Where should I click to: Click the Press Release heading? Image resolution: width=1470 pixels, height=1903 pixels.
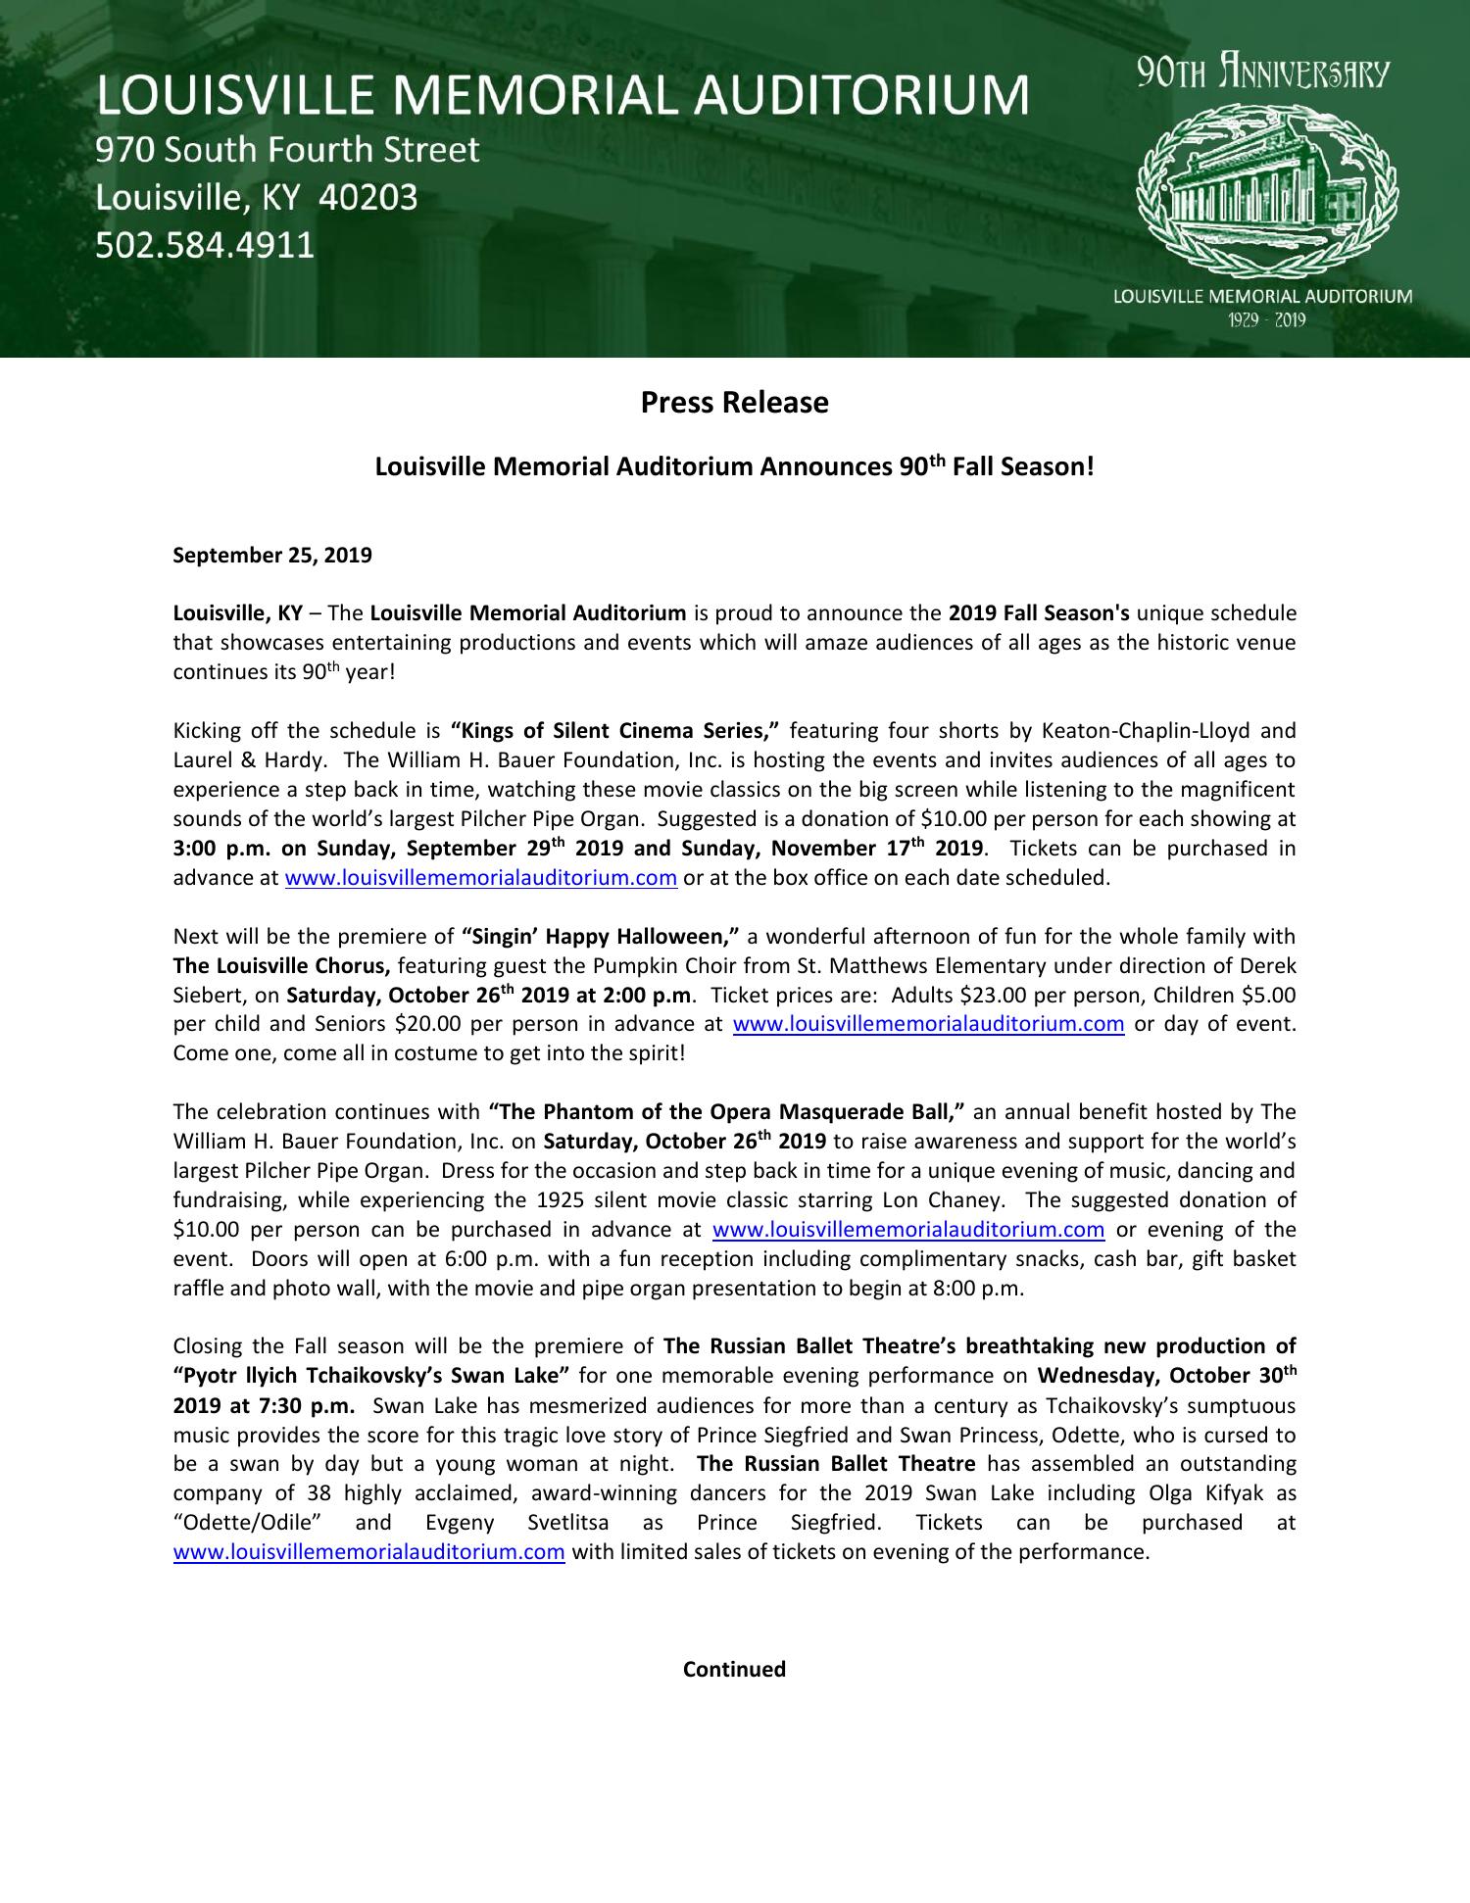coord(734,403)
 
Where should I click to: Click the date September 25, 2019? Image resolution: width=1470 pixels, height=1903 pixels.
coord(272,556)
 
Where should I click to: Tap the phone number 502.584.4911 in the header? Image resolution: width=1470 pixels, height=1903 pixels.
coord(205,244)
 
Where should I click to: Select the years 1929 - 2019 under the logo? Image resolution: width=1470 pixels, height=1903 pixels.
coord(1262,320)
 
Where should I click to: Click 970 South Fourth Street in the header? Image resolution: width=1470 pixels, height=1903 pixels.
coord(287,150)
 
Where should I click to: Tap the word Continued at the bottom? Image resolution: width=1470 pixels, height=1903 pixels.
coord(734,1669)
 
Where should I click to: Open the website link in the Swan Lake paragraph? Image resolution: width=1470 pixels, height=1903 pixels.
coord(368,1552)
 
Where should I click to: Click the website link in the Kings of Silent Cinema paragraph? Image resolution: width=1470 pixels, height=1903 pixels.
coord(480,878)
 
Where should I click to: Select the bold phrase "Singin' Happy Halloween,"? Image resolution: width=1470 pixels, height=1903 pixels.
coord(601,937)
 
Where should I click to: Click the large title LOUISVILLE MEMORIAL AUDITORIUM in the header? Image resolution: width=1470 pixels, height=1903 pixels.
coord(562,96)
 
